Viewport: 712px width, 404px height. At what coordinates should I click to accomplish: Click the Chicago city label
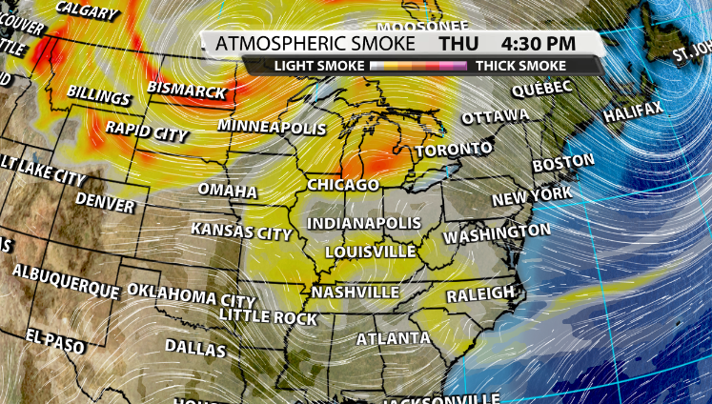tap(343, 184)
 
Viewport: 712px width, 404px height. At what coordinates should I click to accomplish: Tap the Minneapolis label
tap(273, 127)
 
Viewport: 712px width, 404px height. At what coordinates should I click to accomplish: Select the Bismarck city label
tap(187, 91)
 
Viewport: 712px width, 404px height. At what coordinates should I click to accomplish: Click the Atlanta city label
tap(393, 338)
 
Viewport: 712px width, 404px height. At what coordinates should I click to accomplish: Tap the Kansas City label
tap(241, 231)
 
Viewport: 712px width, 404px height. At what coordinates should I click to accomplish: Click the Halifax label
tap(633, 112)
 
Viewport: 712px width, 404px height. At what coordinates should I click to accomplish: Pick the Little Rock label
tap(268, 315)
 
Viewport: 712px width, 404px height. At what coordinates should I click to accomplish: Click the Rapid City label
tap(147, 131)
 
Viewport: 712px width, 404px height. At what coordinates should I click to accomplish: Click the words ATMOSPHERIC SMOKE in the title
tap(315, 44)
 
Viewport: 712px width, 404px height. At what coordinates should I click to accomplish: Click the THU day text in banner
tap(458, 44)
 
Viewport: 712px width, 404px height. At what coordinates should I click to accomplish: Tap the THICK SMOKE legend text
tap(520, 66)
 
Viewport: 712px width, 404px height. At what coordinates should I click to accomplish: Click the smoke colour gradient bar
tap(419, 66)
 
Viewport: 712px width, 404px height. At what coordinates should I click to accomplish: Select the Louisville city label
tap(371, 252)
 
